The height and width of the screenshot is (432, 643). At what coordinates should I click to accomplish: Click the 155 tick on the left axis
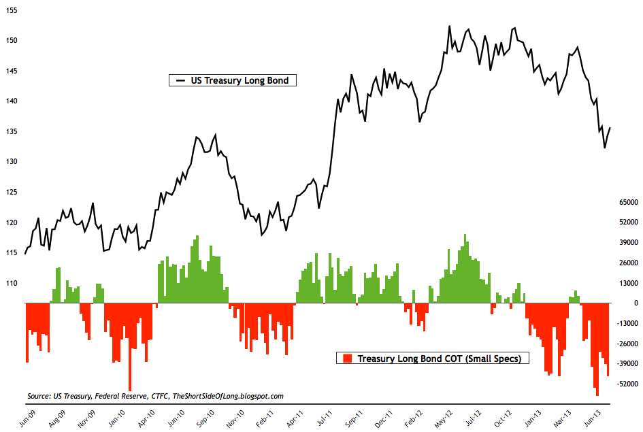point(12,10)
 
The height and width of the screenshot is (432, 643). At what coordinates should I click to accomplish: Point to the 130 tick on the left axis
point(12,162)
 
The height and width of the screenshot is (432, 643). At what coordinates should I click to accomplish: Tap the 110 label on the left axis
point(12,283)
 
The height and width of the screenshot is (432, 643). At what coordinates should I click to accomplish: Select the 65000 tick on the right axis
point(630,202)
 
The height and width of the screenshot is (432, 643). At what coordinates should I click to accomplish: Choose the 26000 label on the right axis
point(630,263)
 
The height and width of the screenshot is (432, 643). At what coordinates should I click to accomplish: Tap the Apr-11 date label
point(295,417)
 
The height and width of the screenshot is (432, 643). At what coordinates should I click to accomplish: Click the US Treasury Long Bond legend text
point(240,80)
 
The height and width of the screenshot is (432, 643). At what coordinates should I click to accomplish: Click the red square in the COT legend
point(347,358)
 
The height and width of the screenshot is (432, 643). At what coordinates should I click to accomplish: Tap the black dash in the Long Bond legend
point(180,80)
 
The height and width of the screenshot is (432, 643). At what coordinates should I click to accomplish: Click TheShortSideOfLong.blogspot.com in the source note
point(228,395)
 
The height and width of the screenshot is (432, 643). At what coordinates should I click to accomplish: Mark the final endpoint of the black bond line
point(610,127)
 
